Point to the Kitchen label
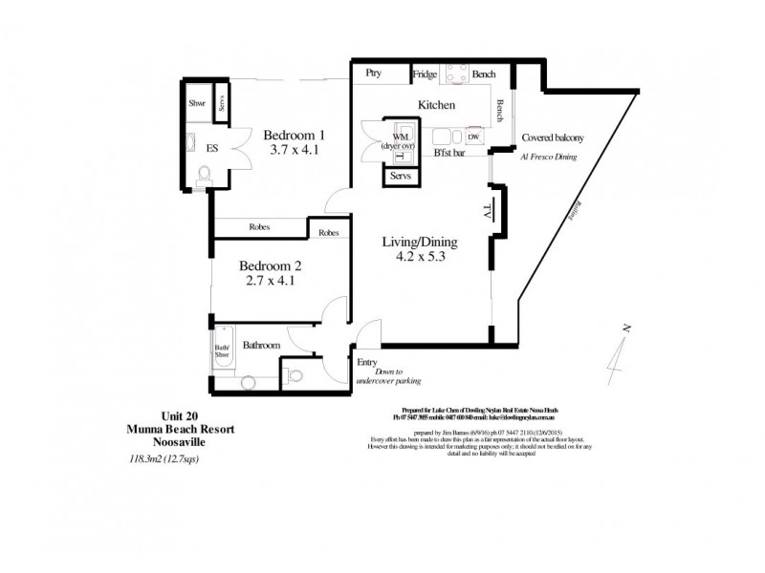435,105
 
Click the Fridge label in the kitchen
425,74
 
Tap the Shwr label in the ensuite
197,103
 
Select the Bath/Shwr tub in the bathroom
222,353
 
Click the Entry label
367,362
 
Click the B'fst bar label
449,153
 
